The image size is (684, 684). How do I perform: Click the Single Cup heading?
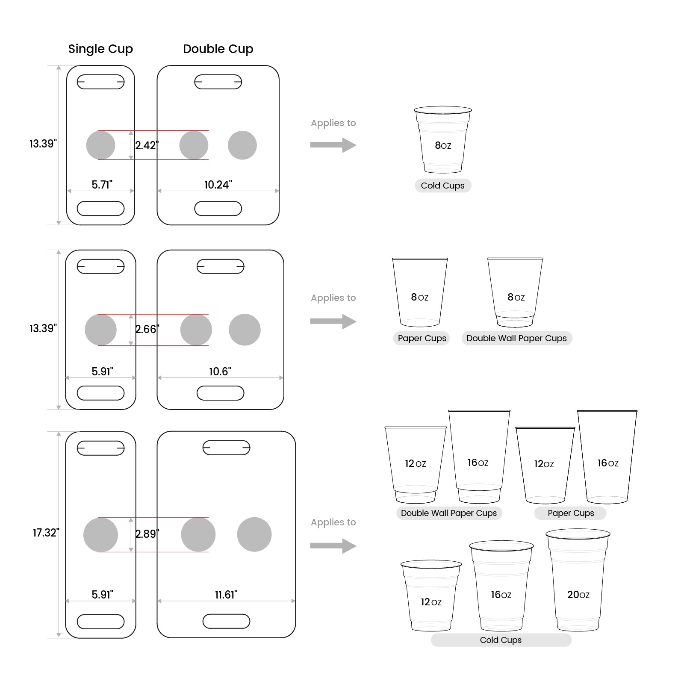100,49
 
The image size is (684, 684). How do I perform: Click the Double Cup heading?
218,49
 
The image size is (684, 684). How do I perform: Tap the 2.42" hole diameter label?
147,145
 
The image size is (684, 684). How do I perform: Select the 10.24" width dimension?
218,185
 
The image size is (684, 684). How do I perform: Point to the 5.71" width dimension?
102,185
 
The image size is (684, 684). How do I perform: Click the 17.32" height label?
46,533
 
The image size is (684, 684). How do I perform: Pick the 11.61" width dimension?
226,595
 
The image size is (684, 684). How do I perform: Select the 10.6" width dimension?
220,371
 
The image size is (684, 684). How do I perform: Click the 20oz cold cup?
578,581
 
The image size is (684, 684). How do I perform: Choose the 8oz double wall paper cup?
515,293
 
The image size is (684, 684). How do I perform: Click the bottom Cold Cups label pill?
501,640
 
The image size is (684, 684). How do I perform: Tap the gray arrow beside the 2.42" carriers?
333,145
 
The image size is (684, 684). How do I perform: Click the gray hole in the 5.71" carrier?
100,145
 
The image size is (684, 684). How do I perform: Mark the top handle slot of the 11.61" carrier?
226,448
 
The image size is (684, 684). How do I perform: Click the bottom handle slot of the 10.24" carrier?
218,209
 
